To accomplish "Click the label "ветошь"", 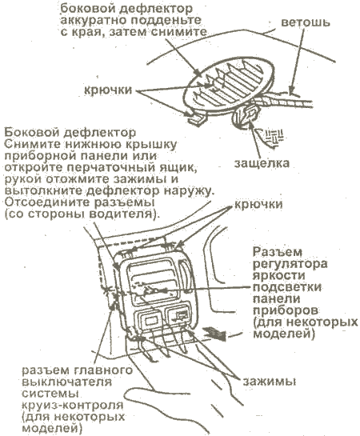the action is (306, 22).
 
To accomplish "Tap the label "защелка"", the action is (262, 163).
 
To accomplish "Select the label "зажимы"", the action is (270, 382).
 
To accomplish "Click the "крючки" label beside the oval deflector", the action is (109, 90).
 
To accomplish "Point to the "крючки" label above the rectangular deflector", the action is (258, 205).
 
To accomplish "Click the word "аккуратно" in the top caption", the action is (92, 21).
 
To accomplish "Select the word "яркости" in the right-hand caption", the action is (275, 275).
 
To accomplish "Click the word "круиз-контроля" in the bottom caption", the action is (72, 405).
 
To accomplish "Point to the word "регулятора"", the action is (290, 264).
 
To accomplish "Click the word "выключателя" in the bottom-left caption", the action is (66, 382).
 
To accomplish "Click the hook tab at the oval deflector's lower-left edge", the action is (196, 118).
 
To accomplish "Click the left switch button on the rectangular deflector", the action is (149, 320).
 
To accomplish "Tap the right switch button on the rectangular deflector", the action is (178, 317).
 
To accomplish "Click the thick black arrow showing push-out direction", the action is (216, 333).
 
